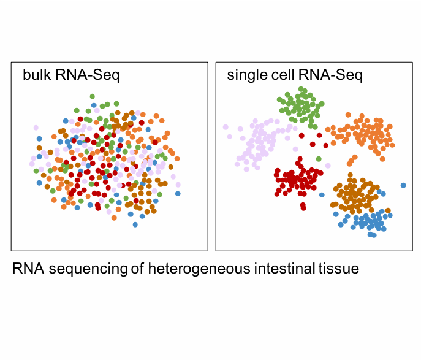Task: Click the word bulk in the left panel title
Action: tap(37, 74)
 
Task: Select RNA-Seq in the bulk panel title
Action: tap(88, 75)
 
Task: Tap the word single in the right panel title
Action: tap(248, 75)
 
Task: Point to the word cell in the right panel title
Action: tap(283, 74)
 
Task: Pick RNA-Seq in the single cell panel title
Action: tap(330, 75)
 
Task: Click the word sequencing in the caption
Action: tap(88, 269)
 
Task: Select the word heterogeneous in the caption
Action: tap(199, 269)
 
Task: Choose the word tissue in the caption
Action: tap(339, 268)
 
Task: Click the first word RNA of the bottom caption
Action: tap(28, 269)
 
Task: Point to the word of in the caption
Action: tap(137, 268)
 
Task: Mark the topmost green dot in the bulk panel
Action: tap(93, 96)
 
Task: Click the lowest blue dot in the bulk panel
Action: tap(135, 224)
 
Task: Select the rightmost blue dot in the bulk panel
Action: tap(178, 193)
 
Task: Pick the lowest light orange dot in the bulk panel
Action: tap(114, 218)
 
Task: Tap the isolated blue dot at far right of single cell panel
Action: tap(403, 185)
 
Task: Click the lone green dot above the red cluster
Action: tap(319, 159)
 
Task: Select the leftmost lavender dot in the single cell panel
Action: tap(226, 127)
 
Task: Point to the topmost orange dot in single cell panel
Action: tap(348, 115)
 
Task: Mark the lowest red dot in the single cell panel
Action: tap(303, 208)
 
